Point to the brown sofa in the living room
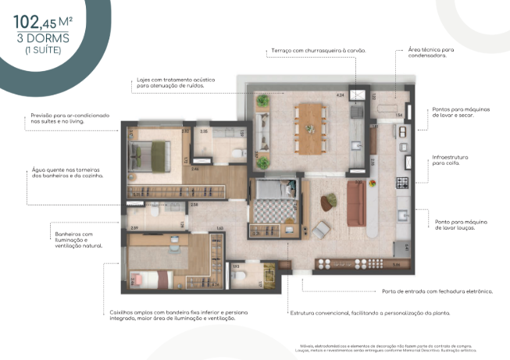(x=357, y=202)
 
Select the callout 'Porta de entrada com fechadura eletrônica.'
(x=437, y=291)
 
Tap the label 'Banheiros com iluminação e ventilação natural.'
(x=74, y=239)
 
